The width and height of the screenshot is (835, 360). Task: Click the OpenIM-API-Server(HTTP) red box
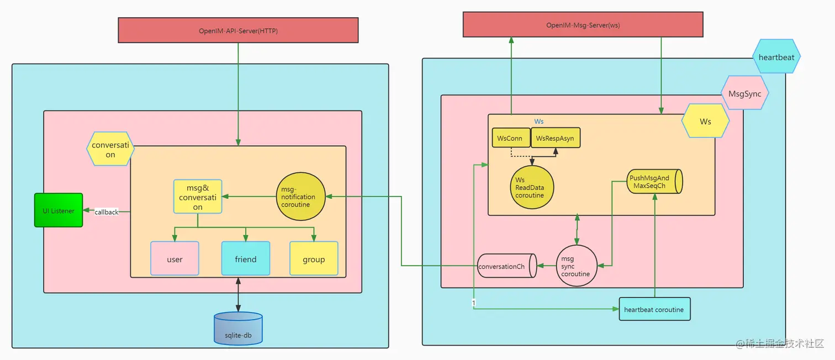point(238,30)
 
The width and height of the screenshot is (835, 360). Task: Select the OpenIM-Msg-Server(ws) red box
point(583,25)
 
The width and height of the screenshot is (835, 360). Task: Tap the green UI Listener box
point(59,210)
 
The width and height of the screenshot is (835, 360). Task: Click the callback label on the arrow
point(107,212)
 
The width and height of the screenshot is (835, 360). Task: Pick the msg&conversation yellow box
point(198,197)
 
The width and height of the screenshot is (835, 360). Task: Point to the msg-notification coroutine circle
point(299,197)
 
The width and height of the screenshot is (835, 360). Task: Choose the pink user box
point(175,258)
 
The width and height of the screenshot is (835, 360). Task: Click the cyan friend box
point(246,258)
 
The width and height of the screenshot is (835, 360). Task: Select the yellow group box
point(314,258)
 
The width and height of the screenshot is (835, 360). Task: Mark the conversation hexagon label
point(110,150)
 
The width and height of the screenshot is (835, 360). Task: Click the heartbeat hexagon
point(776,56)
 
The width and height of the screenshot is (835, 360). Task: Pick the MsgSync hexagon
point(744,93)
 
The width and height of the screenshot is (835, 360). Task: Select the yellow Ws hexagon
point(705,121)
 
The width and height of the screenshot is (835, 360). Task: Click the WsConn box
point(510,138)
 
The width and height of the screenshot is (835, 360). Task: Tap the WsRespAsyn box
point(556,138)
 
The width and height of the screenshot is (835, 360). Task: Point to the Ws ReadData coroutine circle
point(531,188)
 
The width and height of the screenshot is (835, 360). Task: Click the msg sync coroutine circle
point(577,266)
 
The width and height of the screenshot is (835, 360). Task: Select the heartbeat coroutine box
point(654,309)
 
